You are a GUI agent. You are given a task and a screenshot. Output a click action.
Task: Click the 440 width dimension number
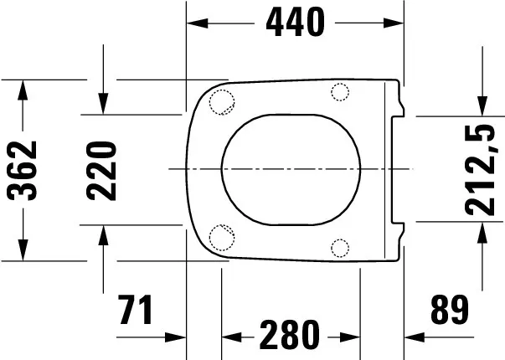pyautogui.click(x=295, y=23)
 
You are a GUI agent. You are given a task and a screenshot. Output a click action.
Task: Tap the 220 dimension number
pyautogui.click(x=101, y=170)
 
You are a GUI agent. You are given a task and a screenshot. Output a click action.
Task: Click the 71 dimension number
pyautogui.click(x=135, y=311)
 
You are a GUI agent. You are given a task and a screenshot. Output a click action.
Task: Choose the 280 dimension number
pyautogui.click(x=288, y=337)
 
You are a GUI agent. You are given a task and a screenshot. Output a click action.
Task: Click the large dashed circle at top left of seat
pyautogui.click(x=221, y=100)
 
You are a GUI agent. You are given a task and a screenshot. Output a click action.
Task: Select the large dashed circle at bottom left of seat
pyautogui.click(x=221, y=238)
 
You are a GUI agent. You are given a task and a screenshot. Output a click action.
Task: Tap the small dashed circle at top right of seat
pyautogui.click(x=340, y=91)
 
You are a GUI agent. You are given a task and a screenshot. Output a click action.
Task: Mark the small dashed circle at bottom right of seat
pyautogui.click(x=340, y=246)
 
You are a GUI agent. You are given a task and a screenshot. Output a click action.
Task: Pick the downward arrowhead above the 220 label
pyautogui.click(x=102, y=104)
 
